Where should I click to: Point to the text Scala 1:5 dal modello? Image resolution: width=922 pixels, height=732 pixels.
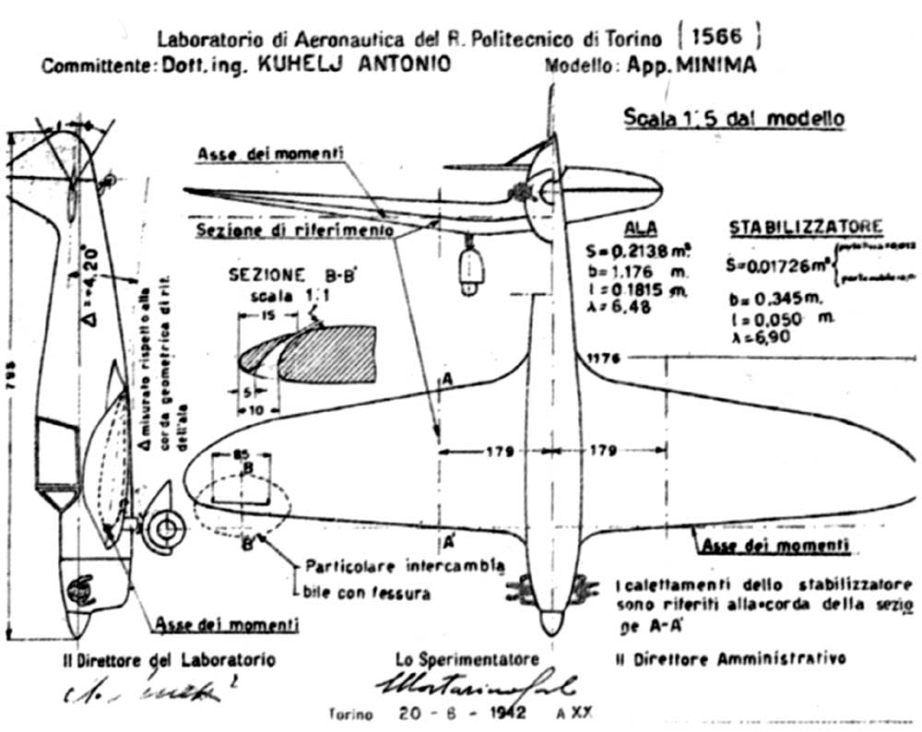pyautogui.click(x=734, y=119)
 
